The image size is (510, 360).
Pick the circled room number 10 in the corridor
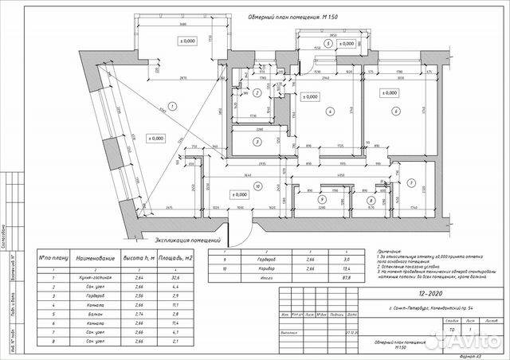pos(257,187)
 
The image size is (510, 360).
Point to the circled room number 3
pos(257,143)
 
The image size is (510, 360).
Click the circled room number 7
pos(410,182)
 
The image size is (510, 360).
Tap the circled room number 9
pos(321,202)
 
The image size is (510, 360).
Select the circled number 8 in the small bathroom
pos(371,202)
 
